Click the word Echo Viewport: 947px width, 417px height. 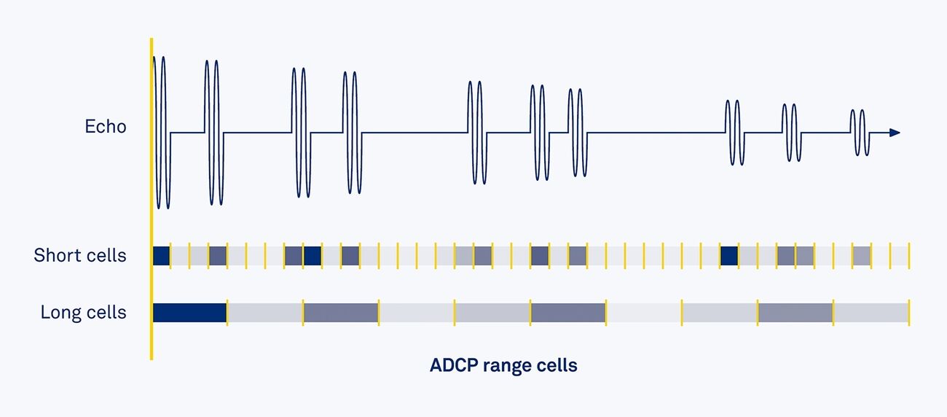tap(106, 127)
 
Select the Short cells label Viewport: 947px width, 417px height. tap(80, 256)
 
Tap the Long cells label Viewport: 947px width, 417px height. tap(83, 313)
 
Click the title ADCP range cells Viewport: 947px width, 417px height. tap(503, 365)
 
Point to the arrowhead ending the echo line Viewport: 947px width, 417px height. tap(895, 133)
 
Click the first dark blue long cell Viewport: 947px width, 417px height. tap(189, 313)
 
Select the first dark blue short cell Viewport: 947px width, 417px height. tap(161, 256)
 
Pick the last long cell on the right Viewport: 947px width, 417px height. tap(871, 313)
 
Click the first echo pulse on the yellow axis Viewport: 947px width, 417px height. tap(161, 133)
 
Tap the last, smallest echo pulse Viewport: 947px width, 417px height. tap(858, 133)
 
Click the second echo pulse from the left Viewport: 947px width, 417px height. tap(213, 133)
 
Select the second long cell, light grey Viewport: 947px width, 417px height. tap(264, 313)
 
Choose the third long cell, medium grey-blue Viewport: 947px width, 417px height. tap(340, 313)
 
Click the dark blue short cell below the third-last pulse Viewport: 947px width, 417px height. tap(728, 256)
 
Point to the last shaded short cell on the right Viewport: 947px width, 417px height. tap(861, 256)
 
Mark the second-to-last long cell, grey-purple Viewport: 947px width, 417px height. tap(795, 313)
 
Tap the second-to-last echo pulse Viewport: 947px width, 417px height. tap(790, 133)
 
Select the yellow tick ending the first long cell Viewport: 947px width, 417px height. tap(227, 313)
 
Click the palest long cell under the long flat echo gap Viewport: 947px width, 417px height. tap(643, 313)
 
